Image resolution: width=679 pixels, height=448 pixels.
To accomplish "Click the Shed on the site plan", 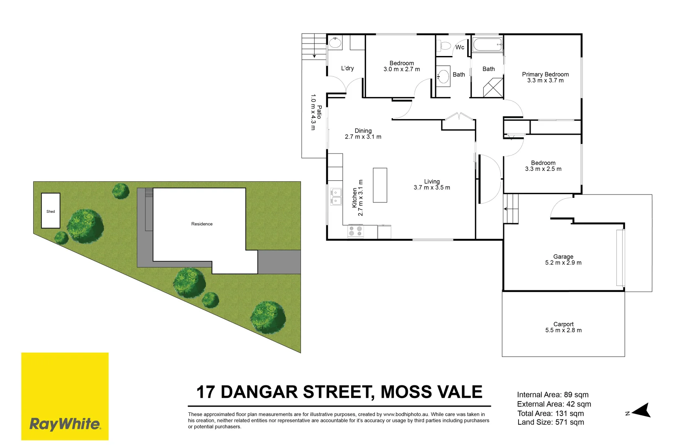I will [51, 211].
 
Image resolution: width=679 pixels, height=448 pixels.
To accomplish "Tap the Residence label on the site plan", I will [202, 224].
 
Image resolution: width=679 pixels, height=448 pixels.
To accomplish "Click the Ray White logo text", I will [65, 424].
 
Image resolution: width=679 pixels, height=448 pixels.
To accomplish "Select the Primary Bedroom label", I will [545, 74].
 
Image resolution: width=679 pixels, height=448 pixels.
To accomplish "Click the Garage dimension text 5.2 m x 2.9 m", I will [563, 263].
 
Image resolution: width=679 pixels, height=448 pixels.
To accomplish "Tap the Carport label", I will [563, 324].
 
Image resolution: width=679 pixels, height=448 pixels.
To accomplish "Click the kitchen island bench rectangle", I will [380, 185].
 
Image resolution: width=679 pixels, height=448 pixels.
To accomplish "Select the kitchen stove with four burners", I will [355, 231].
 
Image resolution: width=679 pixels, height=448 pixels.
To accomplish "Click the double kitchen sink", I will [336, 197].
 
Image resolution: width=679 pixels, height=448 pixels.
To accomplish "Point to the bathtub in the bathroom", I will [487, 44].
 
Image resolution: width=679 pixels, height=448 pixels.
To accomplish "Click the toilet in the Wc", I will [445, 45].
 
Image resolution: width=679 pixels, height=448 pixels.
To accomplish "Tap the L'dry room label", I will [347, 68].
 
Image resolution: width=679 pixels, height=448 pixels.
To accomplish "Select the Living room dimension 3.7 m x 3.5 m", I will [432, 187].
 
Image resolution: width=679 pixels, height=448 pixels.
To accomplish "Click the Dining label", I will [363, 131].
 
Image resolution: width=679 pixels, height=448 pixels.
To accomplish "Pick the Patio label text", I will [319, 112].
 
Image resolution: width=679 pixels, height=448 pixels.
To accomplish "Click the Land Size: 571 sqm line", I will [550, 422].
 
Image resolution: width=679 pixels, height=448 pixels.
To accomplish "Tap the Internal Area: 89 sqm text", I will [553, 395].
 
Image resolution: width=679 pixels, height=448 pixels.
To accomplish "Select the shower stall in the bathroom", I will [493, 88].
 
